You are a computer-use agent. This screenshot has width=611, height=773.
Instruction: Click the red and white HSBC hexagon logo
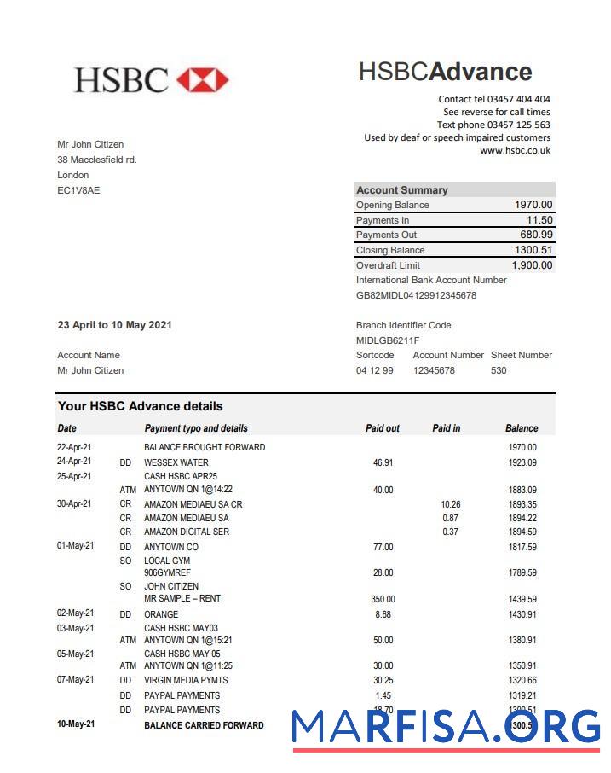pos(203,80)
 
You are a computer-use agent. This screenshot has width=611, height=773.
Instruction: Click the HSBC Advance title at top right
pos(445,72)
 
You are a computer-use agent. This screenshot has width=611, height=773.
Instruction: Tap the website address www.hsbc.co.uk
pos(515,150)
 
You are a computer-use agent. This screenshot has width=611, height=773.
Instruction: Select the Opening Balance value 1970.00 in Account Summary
pos(533,205)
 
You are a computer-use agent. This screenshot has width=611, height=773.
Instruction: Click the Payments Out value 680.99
pos(536,235)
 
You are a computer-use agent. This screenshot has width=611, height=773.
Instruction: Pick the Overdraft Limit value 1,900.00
pos(532,265)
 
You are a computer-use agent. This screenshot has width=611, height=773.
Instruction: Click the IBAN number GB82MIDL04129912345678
pos(416,295)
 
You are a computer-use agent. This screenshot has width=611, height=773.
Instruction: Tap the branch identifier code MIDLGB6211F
pos(388,340)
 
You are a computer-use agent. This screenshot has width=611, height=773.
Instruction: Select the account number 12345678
pos(434,370)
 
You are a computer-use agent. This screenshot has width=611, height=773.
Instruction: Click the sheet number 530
pos(499,370)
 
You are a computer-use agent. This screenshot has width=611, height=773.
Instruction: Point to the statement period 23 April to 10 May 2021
pos(114,325)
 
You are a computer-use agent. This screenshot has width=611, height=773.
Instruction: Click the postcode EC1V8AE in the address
pos(78,190)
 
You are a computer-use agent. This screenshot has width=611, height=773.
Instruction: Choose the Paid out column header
pos(383,428)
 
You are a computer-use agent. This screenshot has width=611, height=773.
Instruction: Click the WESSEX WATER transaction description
pos(176,462)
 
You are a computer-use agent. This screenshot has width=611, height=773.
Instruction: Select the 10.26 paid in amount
pos(450,504)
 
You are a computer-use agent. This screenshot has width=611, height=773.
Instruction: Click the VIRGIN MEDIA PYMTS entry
pos(186,680)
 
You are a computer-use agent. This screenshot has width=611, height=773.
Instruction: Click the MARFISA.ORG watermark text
pos(446,726)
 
